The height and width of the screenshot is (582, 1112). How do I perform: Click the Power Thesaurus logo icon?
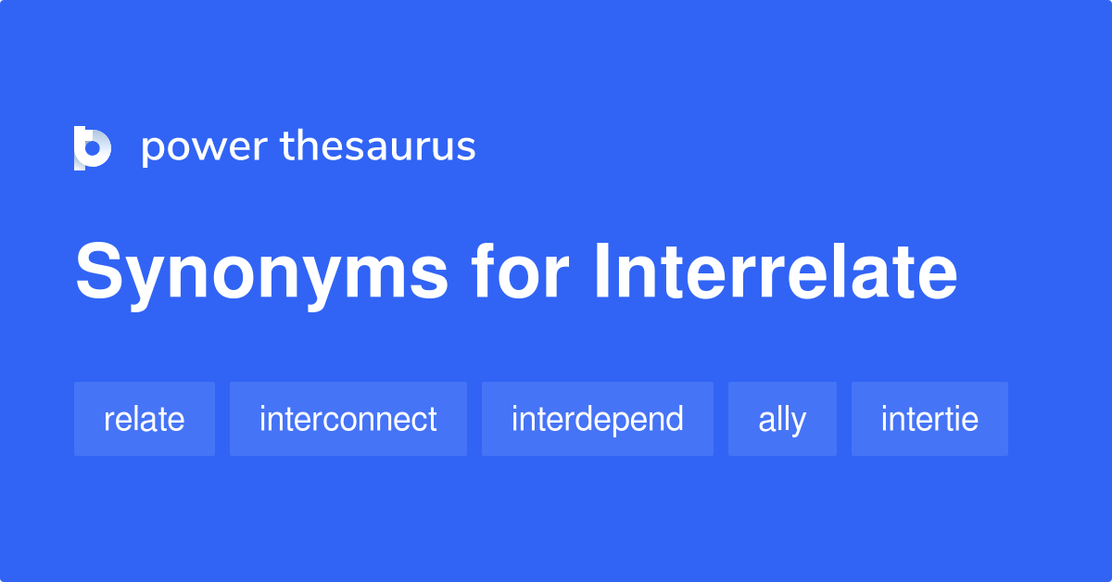point(93,147)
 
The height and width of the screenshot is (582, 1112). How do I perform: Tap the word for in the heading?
point(518,273)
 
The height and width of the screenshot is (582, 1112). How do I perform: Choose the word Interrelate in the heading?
point(775,273)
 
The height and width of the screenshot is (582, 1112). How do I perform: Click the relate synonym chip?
point(145,419)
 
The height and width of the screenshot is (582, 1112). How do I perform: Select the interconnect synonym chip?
point(348,419)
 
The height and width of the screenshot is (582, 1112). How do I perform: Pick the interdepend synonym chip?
point(598,419)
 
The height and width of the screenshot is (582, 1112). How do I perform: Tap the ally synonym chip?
point(782,419)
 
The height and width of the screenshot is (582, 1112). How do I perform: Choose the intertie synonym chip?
point(929,419)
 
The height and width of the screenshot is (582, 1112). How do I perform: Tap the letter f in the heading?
point(483,273)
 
